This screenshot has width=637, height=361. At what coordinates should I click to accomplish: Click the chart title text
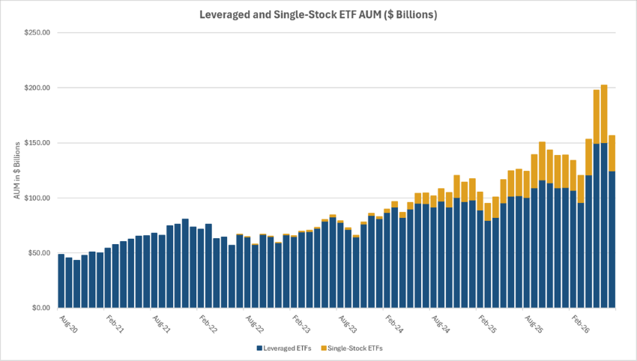point(318,15)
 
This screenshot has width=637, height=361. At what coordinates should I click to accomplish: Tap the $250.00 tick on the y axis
point(37,32)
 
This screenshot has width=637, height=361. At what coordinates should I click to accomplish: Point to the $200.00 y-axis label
point(37,88)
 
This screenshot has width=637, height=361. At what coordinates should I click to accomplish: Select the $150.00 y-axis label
point(37,143)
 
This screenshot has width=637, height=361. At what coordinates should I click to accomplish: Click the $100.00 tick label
point(37,198)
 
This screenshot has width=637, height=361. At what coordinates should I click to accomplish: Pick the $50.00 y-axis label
point(38,253)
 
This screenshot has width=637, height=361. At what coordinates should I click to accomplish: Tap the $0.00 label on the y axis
point(40,308)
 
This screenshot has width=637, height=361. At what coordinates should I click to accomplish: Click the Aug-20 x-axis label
point(68,324)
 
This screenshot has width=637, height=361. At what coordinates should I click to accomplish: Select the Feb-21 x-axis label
point(115,324)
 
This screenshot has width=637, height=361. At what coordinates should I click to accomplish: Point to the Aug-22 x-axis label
point(254,324)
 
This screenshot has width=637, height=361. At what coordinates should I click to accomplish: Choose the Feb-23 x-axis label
point(301,324)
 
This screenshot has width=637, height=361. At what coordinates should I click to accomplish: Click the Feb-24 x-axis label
point(394,324)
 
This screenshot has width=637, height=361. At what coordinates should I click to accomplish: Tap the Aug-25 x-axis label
point(534,324)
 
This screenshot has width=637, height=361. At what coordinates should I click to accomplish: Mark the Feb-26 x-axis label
point(580,324)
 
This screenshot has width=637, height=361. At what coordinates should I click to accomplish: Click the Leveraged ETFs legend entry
point(284,348)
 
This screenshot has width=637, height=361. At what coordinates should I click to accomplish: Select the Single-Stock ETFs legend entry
point(351,348)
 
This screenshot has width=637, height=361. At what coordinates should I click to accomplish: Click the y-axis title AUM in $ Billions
point(17,171)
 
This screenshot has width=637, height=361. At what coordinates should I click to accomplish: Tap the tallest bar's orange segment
point(604,114)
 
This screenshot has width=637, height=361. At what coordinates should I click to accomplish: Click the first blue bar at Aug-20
point(61,281)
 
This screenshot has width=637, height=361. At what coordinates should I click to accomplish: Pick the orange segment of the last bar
point(612,153)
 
